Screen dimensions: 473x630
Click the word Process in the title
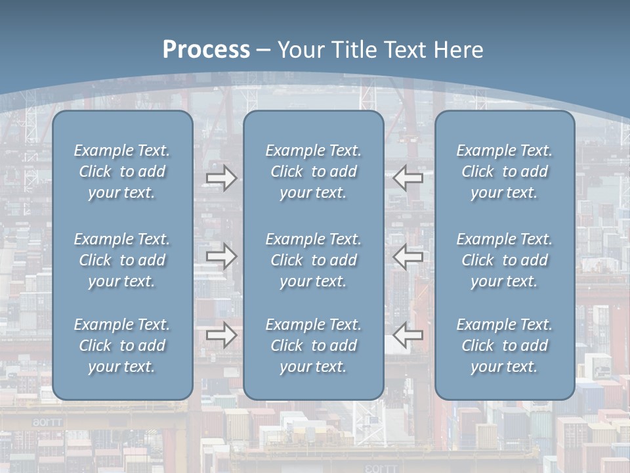(206, 50)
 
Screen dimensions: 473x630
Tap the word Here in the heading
(459, 50)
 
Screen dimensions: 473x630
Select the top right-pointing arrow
(221, 177)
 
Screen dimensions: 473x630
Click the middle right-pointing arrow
(221, 256)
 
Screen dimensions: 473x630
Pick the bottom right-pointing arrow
(221, 335)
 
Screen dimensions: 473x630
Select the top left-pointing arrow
(408, 177)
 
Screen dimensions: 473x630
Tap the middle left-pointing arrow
(408, 256)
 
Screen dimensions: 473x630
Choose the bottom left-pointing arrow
(408, 335)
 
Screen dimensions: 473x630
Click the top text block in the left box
(122, 171)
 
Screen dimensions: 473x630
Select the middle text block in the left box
(122, 260)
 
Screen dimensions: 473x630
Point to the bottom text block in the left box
(122, 346)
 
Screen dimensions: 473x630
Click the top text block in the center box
(314, 171)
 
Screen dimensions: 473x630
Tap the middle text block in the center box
(314, 260)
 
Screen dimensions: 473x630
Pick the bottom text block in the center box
(314, 346)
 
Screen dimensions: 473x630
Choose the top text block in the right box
(505, 171)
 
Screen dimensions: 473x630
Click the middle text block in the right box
(505, 260)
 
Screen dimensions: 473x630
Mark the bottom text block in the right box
(505, 346)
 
